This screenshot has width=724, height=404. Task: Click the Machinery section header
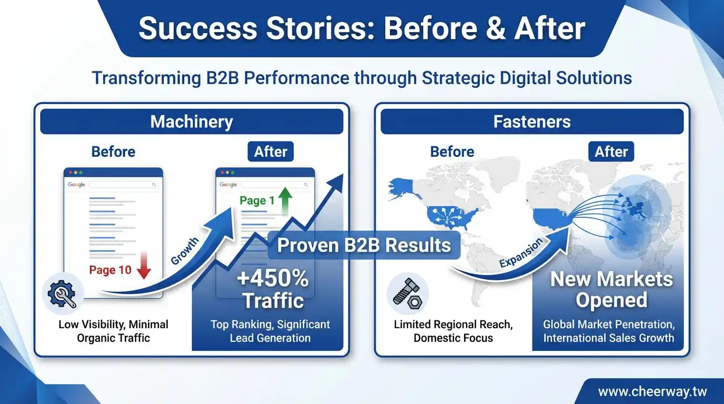pos(192,122)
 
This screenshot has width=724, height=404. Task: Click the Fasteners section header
pos(532,122)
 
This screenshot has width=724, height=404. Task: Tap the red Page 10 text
pos(110,270)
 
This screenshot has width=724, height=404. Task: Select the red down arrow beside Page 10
pos(144,266)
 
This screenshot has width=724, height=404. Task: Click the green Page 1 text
pos(257,201)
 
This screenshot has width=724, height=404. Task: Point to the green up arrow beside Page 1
pos(285,200)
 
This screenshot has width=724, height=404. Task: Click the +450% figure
pos(273,279)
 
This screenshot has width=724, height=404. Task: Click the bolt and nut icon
pos(407,294)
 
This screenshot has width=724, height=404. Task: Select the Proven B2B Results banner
pos(364,245)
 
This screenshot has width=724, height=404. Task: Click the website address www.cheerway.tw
pos(652,392)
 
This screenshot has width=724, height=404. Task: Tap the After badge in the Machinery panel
pos(270,151)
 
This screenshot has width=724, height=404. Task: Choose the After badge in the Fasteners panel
pos(611,151)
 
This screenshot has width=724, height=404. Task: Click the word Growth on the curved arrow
pos(185,251)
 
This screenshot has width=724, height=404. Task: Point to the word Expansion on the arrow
pos(521,253)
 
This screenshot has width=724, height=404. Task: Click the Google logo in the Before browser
pos(76,185)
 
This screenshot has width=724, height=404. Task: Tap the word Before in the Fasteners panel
pos(452,151)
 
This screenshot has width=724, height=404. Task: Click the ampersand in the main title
pos(496,28)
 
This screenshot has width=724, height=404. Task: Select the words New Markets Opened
pos(611,289)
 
